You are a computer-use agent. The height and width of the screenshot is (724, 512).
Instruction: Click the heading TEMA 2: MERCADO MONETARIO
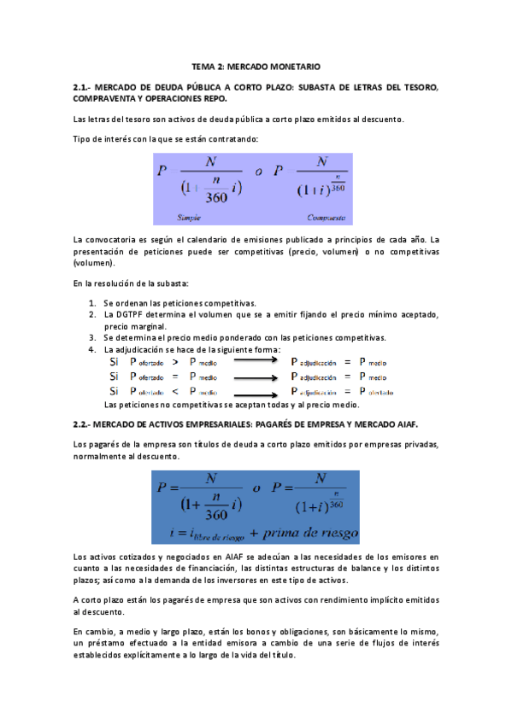coord(256,66)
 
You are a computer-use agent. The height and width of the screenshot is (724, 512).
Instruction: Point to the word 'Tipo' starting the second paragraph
coord(83,138)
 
